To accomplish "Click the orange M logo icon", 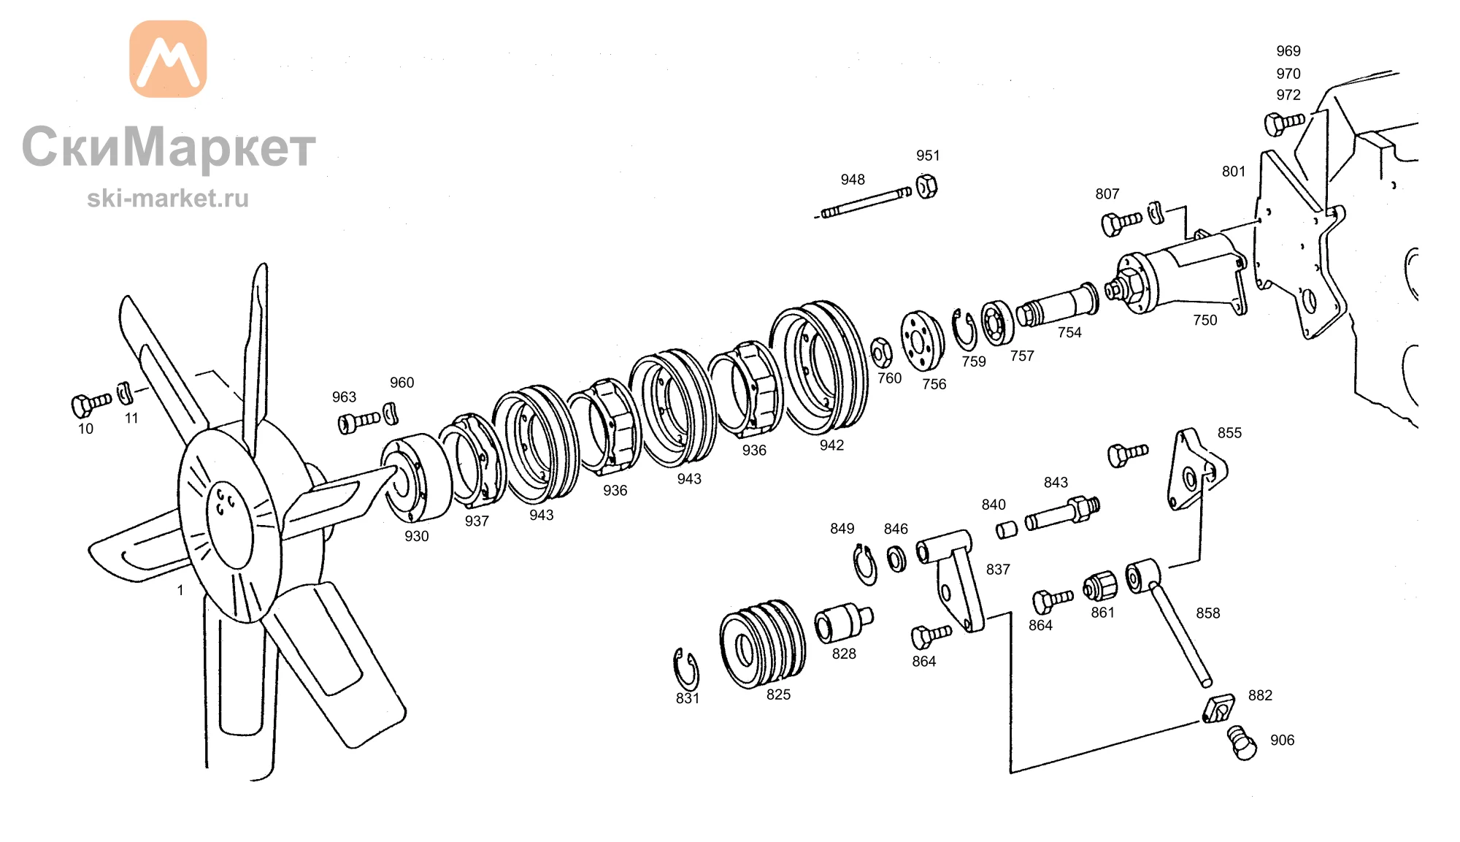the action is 168,58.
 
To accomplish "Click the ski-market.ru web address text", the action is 168,198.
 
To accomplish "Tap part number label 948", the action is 853,180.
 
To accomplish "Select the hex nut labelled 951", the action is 926,186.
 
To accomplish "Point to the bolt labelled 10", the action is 91,404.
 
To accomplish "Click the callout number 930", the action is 417,536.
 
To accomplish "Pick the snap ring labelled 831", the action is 685,668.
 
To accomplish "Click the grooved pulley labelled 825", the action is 763,644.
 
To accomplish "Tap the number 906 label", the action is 1282,740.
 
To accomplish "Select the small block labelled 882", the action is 1218,708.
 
